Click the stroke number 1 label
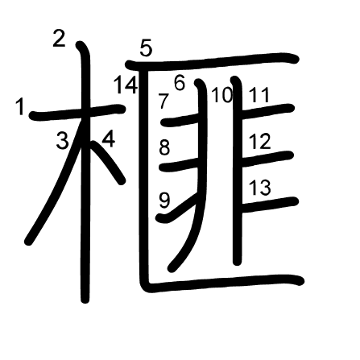pyautogui.click(x=20, y=106)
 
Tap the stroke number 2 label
pyautogui.click(x=59, y=39)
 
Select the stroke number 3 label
pyautogui.click(x=62, y=140)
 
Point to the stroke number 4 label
pyautogui.click(x=109, y=139)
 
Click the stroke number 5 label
pyautogui.click(x=146, y=48)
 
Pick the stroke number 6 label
pyautogui.click(x=180, y=83)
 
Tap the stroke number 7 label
pyautogui.click(x=163, y=101)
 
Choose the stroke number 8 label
pyautogui.click(x=164, y=147)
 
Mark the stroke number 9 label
pyautogui.click(x=164, y=201)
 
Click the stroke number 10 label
pyautogui.click(x=221, y=95)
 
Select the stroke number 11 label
pyautogui.click(x=259, y=95)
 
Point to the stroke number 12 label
pyautogui.click(x=259, y=141)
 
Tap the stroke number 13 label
pyautogui.click(x=259, y=188)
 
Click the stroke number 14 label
pyautogui.click(x=126, y=85)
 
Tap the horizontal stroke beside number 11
pyautogui.click(x=267, y=110)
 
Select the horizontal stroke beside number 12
pyautogui.click(x=267, y=159)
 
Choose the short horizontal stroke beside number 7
pyautogui.click(x=180, y=120)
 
